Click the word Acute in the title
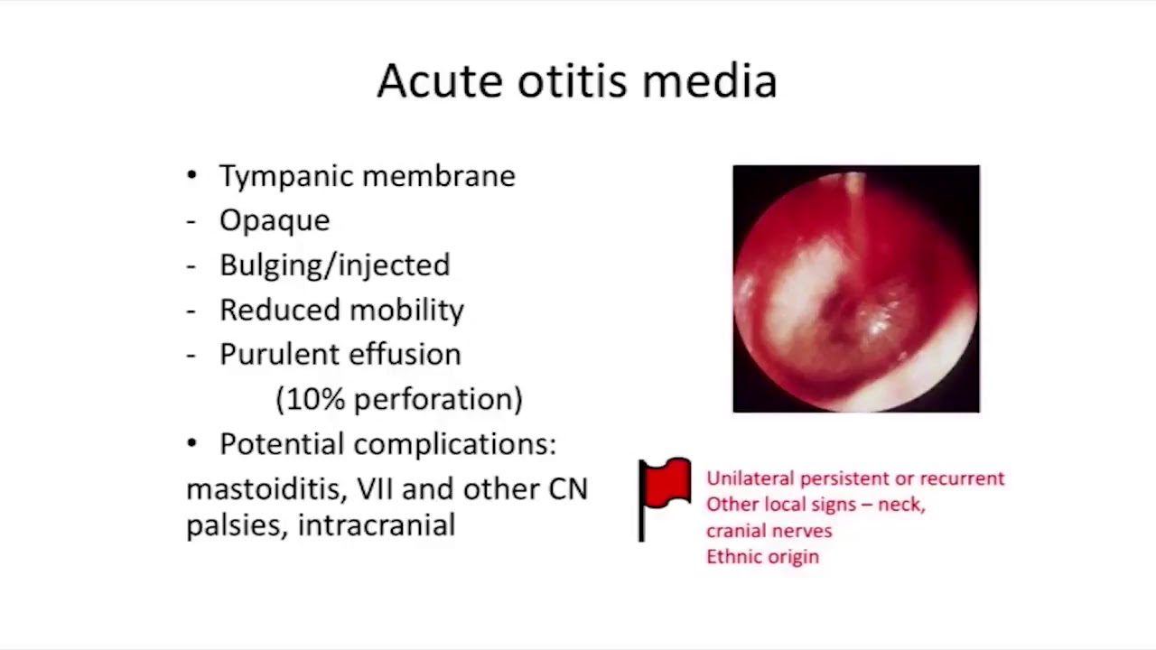click(x=440, y=80)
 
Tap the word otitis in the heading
click(x=573, y=80)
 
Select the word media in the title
click(x=710, y=80)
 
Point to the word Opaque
click(x=275, y=222)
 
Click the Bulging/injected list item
click(x=335, y=265)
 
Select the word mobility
click(x=406, y=310)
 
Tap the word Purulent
click(x=279, y=355)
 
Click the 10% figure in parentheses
click(x=315, y=399)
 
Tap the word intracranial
click(x=377, y=525)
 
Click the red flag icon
click(x=665, y=499)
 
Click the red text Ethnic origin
click(x=763, y=557)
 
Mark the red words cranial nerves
click(x=769, y=531)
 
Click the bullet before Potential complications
click(x=192, y=443)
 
